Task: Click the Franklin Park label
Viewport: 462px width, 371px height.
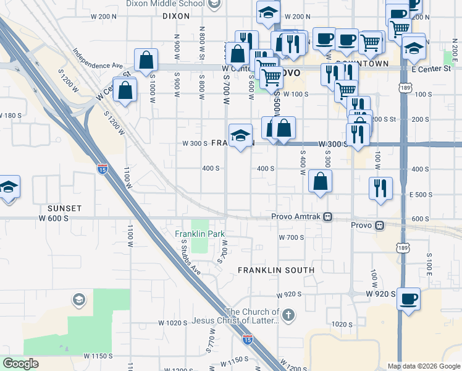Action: click(198, 234)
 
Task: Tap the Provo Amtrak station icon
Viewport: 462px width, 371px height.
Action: click(329, 217)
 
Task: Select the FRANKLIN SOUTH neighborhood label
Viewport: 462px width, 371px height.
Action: click(276, 270)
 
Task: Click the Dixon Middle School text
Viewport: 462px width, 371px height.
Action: click(164, 3)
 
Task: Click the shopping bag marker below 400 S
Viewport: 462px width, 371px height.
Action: click(321, 181)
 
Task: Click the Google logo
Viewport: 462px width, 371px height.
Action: click(20, 364)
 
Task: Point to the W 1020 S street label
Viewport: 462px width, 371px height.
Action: click(172, 323)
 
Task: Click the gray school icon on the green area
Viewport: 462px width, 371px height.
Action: click(78, 300)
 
